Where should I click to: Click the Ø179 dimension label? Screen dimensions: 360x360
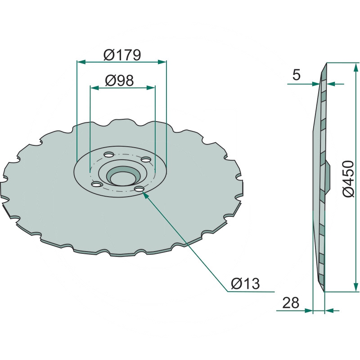[122, 55]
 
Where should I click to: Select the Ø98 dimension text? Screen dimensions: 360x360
[119, 81]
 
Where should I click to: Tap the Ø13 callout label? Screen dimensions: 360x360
[245, 283]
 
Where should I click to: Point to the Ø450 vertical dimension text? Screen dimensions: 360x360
[348, 179]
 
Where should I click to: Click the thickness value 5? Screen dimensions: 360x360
[297, 75]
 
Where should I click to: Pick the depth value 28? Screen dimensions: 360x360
[291, 302]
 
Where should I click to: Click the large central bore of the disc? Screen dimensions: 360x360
[122, 176]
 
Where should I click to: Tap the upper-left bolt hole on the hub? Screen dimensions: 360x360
[108, 154]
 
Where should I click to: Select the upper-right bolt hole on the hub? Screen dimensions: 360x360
[146, 159]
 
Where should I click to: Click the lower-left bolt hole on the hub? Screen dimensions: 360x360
[96, 184]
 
